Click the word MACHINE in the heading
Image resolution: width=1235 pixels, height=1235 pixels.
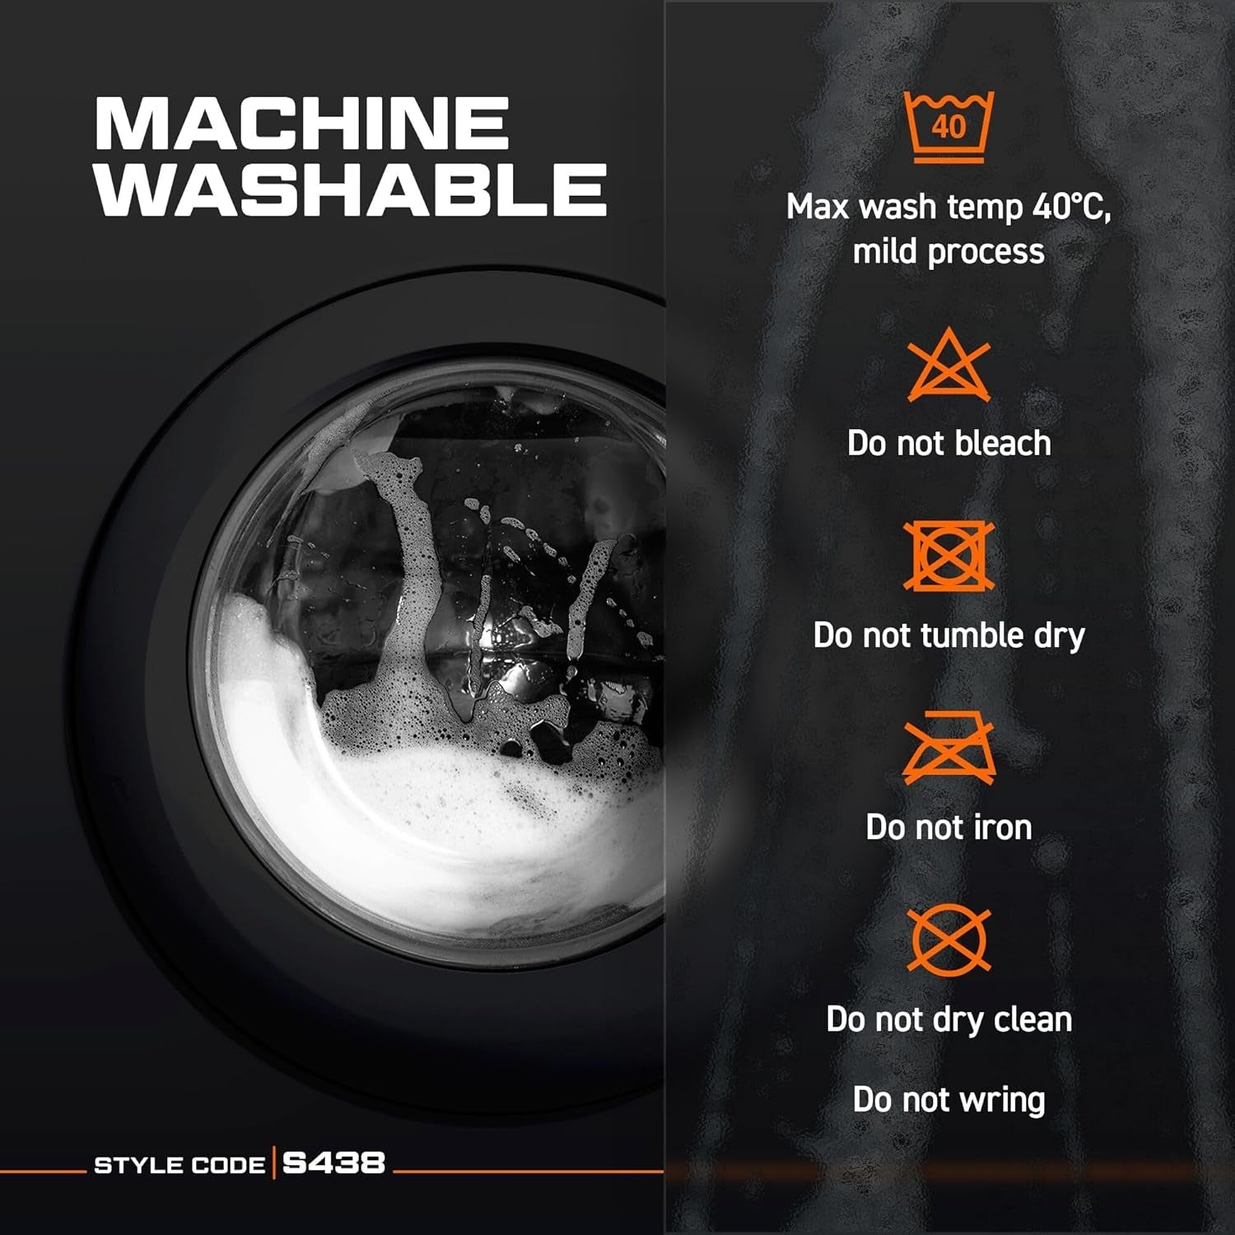[x=302, y=123]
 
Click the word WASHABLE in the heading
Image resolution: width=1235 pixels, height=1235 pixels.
[x=352, y=189]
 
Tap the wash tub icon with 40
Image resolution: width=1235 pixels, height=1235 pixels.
[x=949, y=127]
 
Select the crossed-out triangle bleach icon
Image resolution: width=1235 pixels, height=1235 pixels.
[x=948, y=365]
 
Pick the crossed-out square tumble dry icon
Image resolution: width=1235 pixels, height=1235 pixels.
[x=948, y=556]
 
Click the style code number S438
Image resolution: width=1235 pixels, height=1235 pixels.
[x=333, y=1163]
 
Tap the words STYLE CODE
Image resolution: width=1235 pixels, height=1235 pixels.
[x=179, y=1165]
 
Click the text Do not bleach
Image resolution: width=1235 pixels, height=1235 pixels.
[x=949, y=443]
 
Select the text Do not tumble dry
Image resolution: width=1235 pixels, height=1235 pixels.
[x=949, y=636]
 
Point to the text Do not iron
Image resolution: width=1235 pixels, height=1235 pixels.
[x=948, y=827]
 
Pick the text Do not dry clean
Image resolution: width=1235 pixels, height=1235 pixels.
[x=949, y=1019]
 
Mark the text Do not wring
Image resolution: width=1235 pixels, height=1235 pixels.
[x=949, y=1100]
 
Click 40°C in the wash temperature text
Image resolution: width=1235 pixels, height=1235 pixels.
[x=1071, y=207]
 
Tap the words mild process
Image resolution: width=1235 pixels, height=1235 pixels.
[x=948, y=252]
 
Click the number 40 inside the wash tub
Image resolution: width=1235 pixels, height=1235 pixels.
[x=948, y=127]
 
